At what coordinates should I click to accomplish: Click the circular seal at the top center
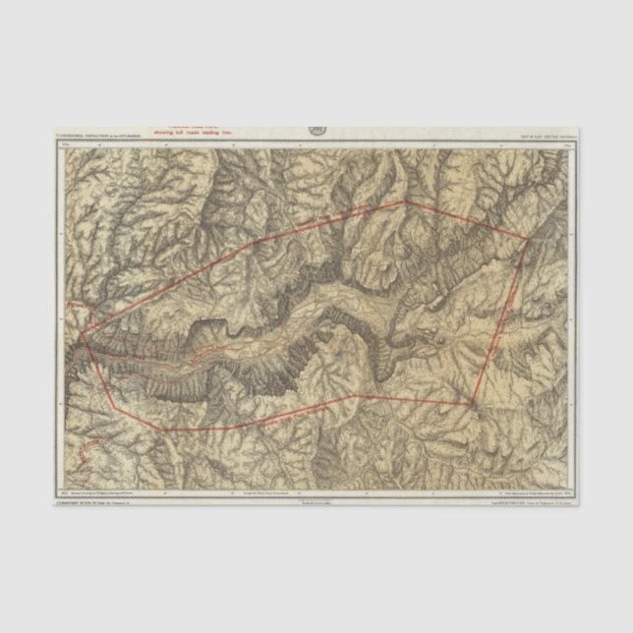317,130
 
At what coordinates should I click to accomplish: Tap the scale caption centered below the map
316,500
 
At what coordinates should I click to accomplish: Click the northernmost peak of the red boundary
404,202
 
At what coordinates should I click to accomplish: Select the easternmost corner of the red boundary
529,238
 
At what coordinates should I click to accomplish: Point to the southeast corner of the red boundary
473,403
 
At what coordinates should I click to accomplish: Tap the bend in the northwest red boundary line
258,240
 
